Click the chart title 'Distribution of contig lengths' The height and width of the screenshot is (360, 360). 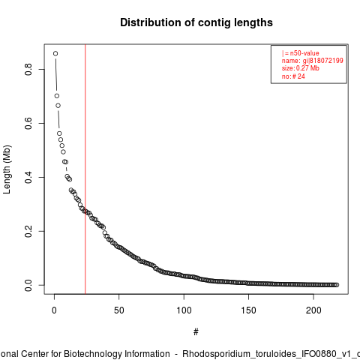click(x=196, y=22)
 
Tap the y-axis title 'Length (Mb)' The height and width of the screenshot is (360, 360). click(x=7, y=169)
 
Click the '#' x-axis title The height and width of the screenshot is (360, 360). click(x=196, y=332)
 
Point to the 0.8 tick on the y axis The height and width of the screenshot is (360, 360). click(x=28, y=69)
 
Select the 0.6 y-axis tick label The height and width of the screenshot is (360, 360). click(x=28, y=123)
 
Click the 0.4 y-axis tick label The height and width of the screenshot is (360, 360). click(x=28, y=177)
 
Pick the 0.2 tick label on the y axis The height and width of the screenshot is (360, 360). click(x=28, y=231)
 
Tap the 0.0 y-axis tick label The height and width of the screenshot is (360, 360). click(x=28, y=285)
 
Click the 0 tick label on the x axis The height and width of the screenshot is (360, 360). click(x=54, y=310)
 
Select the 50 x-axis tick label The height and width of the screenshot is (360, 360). click(x=119, y=310)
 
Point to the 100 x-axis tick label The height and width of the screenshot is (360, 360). click(x=184, y=310)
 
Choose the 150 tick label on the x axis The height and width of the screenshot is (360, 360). click(x=249, y=310)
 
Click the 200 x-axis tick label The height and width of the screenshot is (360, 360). click(x=313, y=310)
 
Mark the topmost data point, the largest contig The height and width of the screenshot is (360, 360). click(x=55, y=53)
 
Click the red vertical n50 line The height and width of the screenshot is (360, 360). click(x=85, y=169)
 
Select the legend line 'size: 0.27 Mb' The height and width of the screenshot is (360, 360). click(x=301, y=68)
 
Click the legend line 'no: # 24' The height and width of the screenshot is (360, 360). click(x=293, y=76)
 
